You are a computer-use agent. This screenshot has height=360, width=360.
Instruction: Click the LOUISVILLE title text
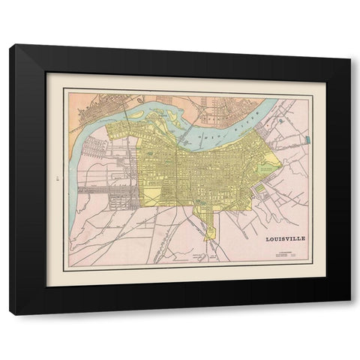286,240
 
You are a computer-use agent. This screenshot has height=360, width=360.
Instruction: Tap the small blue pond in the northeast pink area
280,118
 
